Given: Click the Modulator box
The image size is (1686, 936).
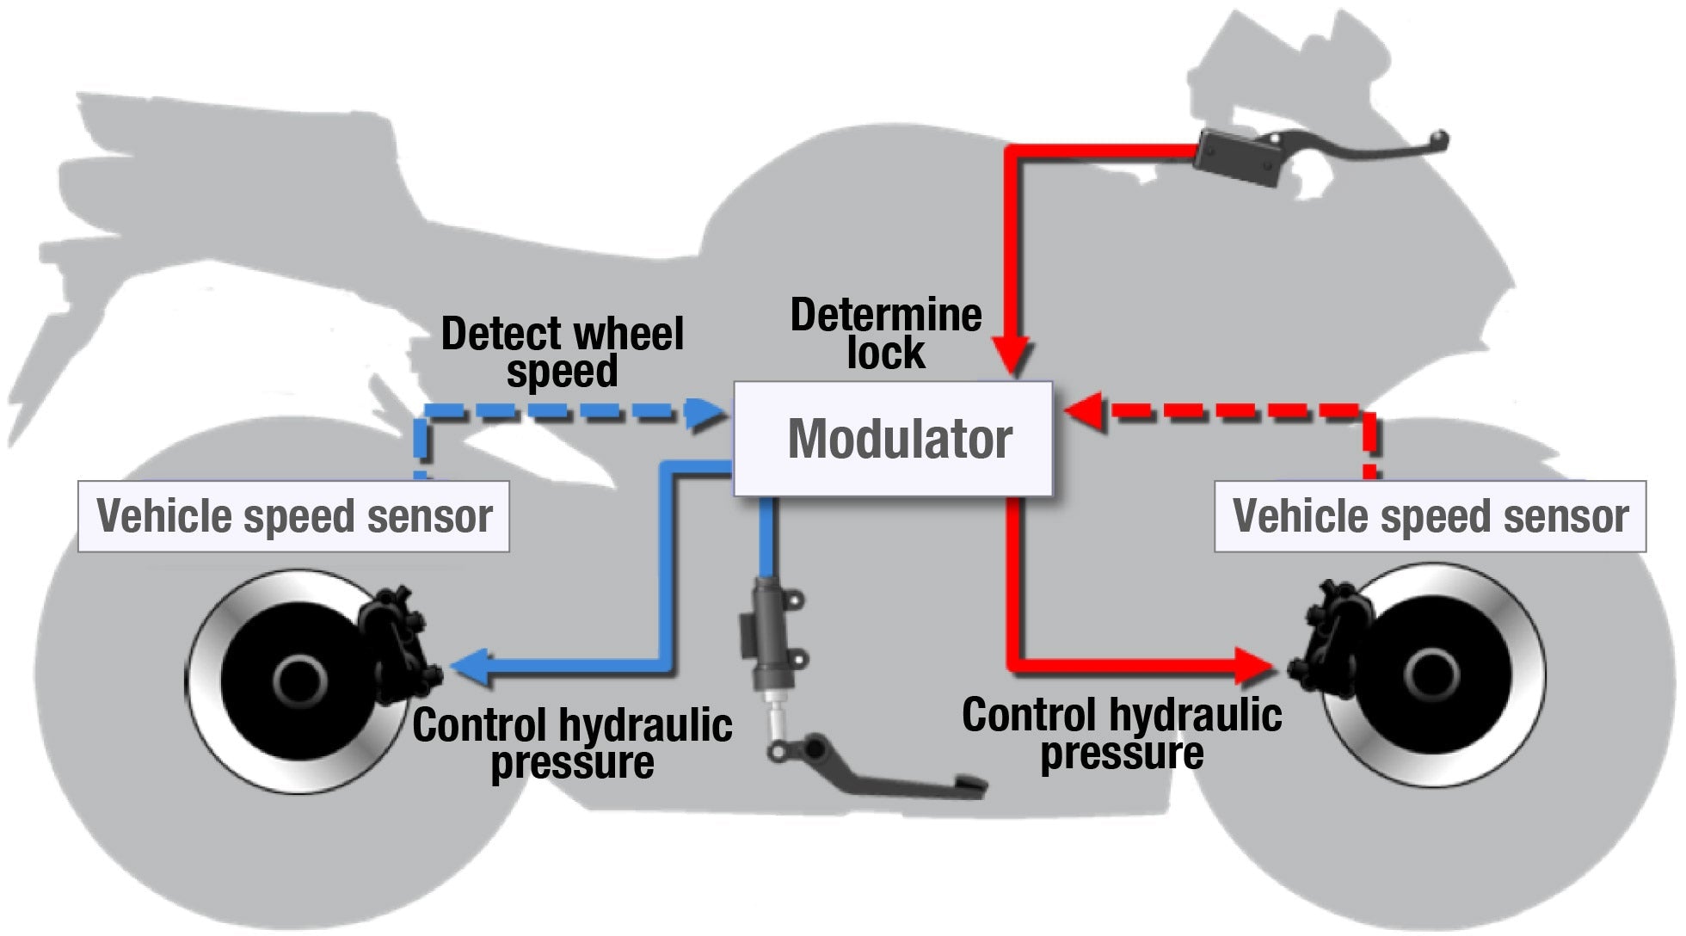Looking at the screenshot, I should (x=893, y=439).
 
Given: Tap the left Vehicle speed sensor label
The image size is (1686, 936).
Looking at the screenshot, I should (x=293, y=516).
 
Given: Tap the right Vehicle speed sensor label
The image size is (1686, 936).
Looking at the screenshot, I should (x=1430, y=516).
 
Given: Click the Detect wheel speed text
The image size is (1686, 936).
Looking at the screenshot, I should (x=562, y=352).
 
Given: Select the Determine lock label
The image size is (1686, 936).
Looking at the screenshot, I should (x=886, y=334).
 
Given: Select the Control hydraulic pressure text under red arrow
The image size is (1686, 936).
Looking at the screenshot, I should (x=1122, y=734).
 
